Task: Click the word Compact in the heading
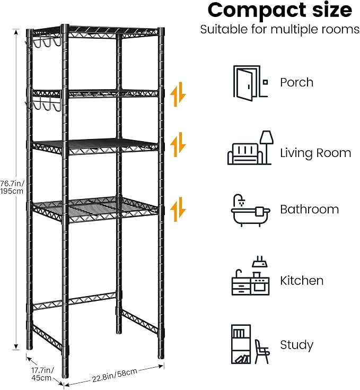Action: (257, 11)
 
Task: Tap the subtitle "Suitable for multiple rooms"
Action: (280, 30)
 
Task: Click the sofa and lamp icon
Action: (250, 148)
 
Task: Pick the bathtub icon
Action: (250, 211)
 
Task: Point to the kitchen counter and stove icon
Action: (250, 276)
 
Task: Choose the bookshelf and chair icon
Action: (250, 344)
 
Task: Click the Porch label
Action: (297, 82)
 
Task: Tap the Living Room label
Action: (315, 153)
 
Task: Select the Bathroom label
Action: (310, 209)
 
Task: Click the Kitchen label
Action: (302, 281)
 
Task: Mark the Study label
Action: (297, 345)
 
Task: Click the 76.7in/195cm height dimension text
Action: (12, 187)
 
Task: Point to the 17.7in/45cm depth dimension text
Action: (42, 374)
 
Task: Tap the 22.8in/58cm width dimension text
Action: (115, 375)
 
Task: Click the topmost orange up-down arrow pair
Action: (178, 94)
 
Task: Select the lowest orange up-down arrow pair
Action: (178, 210)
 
